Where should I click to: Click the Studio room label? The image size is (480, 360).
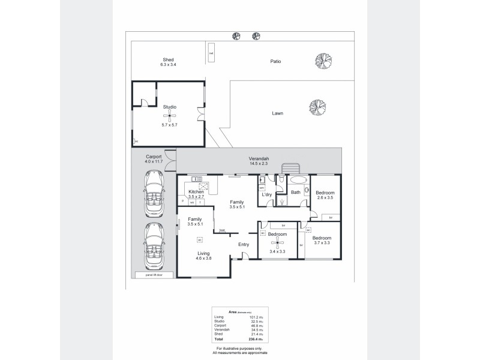(x=169, y=106)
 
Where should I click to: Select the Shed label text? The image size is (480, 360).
(x=168, y=59)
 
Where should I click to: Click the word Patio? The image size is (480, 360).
(x=275, y=61)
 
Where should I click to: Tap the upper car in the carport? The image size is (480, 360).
(x=152, y=191)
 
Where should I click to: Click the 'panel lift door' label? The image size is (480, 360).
(x=146, y=275)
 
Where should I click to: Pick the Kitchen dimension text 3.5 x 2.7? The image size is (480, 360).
(x=197, y=196)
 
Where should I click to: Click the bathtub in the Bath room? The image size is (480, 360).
(x=296, y=181)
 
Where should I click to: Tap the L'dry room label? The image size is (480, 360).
(x=267, y=195)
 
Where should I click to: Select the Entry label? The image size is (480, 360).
(x=244, y=244)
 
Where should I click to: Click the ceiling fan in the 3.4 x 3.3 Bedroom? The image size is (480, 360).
(x=277, y=242)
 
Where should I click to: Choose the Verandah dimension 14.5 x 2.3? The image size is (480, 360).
(x=259, y=164)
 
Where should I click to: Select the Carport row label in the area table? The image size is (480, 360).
(x=220, y=326)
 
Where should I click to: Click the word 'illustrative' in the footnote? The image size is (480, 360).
(x=234, y=348)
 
